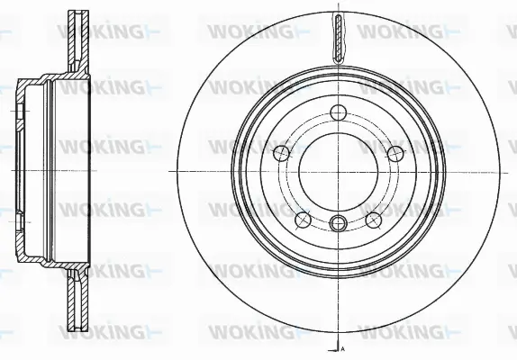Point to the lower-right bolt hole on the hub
[371, 219]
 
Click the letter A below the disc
[343, 346]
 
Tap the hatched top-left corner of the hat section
[24, 85]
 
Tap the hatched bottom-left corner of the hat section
[24, 256]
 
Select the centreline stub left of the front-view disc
[171, 171]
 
